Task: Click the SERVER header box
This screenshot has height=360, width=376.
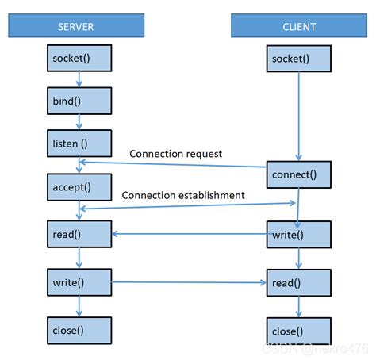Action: click(x=76, y=26)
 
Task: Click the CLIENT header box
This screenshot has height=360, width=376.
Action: click(x=298, y=26)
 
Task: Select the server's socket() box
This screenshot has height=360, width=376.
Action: click(x=79, y=59)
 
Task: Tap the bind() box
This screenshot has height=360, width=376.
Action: click(x=79, y=101)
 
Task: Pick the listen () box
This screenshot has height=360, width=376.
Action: click(x=79, y=144)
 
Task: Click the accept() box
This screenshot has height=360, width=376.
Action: click(x=79, y=188)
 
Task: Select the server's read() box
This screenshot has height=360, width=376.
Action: click(x=79, y=235)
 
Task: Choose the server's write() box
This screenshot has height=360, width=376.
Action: click(x=79, y=282)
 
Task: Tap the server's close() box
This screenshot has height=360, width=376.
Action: click(x=79, y=330)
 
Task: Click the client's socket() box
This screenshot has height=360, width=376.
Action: click(x=298, y=59)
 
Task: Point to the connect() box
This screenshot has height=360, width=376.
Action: click(x=298, y=174)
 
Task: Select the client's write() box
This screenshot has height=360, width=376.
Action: click(x=298, y=235)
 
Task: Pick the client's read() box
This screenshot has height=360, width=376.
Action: click(x=298, y=282)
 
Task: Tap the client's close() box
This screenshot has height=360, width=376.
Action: click(x=298, y=330)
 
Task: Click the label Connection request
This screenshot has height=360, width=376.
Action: click(x=175, y=153)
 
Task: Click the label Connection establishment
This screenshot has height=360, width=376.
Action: click(x=183, y=195)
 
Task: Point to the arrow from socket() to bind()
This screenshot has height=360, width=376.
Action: click(x=79, y=79)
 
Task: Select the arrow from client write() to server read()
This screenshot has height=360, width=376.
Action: click(x=190, y=234)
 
